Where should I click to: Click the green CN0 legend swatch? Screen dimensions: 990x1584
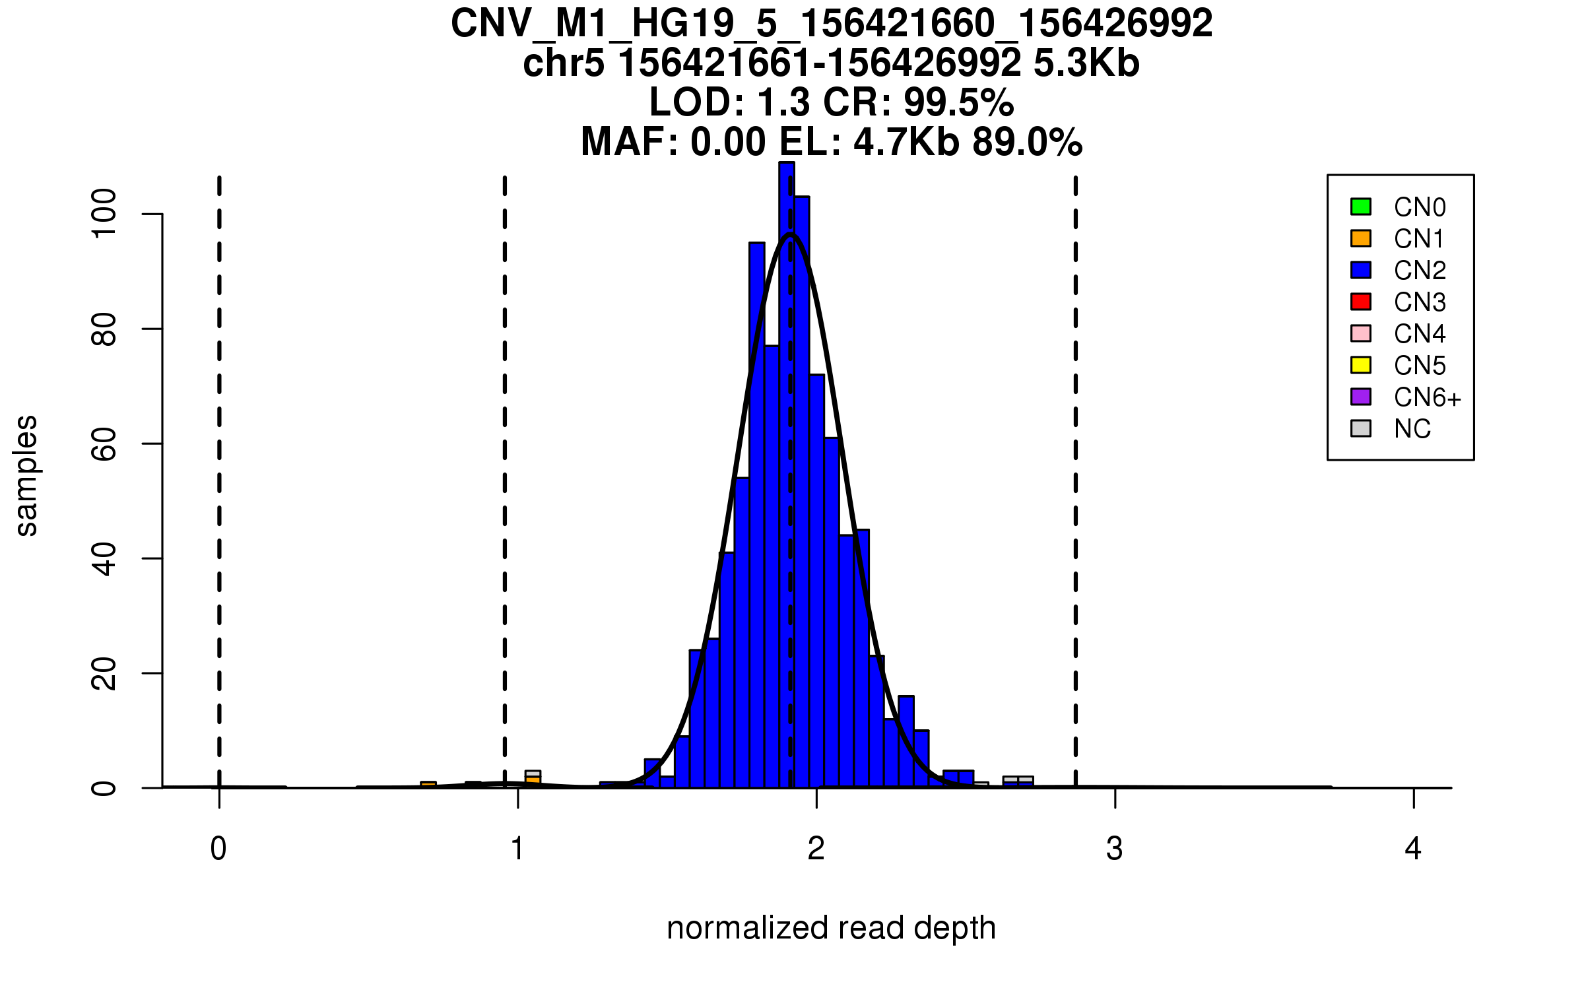tap(1360, 207)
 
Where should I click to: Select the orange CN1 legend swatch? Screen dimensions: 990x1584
tap(1360, 238)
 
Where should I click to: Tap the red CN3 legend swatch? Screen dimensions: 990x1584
tap(1360, 302)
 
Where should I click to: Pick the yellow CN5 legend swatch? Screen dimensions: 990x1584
tap(1360, 365)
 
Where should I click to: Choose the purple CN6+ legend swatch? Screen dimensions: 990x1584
tap(1360, 397)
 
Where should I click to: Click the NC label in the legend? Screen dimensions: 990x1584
tap(1412, 429)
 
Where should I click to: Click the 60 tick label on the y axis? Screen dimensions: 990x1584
tap(104, 444)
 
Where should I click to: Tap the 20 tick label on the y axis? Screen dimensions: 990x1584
tap(104, 673)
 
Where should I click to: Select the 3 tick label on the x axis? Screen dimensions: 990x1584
tap(1115, 849)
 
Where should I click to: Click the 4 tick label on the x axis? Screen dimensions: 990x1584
tap(1413, 849)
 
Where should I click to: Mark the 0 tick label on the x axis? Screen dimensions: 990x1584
tap(218, 849)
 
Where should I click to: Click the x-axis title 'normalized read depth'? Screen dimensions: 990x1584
tap(831, 928)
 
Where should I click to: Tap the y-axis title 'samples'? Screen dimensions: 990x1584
tap(26, 475)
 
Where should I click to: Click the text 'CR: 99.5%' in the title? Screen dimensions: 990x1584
tap(918, 102)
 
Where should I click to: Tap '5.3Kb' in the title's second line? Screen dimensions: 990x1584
tap(1086, 63)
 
